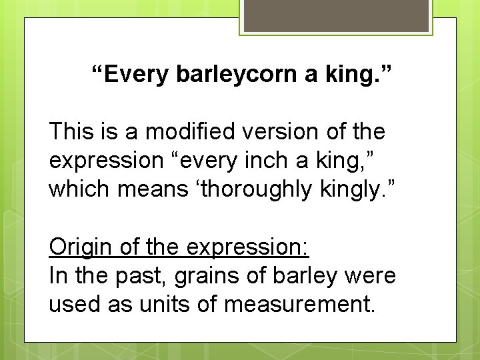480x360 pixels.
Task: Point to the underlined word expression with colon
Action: (247, 247)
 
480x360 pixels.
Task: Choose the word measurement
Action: (300, 305)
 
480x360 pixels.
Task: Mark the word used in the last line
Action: (74, 305)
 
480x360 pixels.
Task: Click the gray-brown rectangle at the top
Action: (336, 15)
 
